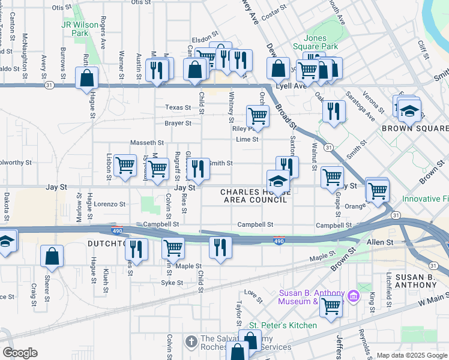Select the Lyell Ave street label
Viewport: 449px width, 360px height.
tap(291, 86)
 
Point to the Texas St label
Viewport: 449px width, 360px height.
tap(178, 108)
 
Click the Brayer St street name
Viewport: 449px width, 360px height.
tap(178, 124)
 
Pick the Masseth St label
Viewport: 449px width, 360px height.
tap(147, 143)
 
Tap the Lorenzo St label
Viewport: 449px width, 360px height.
tap(109, 204)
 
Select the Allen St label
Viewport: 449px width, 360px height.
tap(379, 241)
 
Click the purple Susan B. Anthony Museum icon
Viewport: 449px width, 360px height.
tap(353, 296)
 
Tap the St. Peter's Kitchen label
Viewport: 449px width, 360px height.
tap(283, 325)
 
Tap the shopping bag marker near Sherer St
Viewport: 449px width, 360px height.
tap(52, 256)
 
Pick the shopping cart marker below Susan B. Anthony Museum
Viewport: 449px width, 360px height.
tap(331, 306)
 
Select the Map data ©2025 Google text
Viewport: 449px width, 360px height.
tap(412, 355)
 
